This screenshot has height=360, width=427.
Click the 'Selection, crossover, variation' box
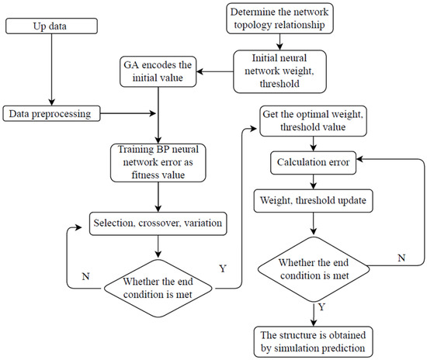tap(158, 223)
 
